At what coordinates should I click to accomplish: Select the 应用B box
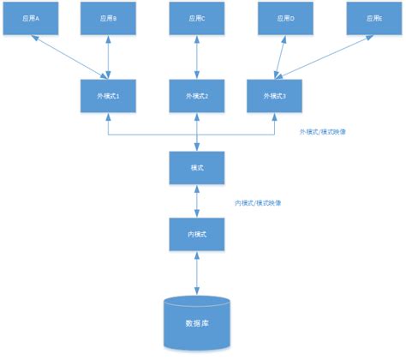click(108, 18)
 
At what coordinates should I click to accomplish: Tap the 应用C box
click(198, 18)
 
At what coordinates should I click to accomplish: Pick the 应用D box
click(284, 18)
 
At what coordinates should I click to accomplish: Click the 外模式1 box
click(108, 95)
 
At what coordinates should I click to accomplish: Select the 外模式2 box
click(198, 95)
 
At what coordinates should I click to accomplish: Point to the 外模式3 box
click(274, 95)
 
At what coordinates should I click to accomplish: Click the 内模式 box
click(198, 233)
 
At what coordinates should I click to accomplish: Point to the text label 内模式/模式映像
click(259, 203)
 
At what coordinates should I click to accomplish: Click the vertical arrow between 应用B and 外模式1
click(109, 57)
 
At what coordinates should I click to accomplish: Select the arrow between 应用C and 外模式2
click(198, 57)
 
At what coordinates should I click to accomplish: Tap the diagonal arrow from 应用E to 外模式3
click(325, 57)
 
